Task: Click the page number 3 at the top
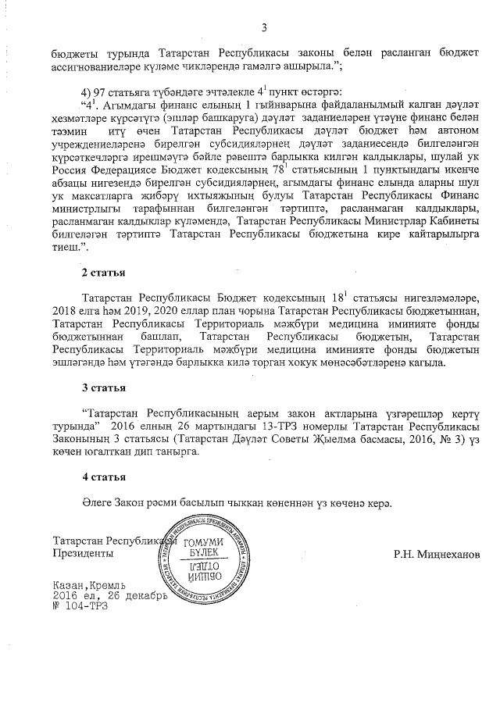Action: click(263, 29)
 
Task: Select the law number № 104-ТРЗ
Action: click(82, 606)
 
